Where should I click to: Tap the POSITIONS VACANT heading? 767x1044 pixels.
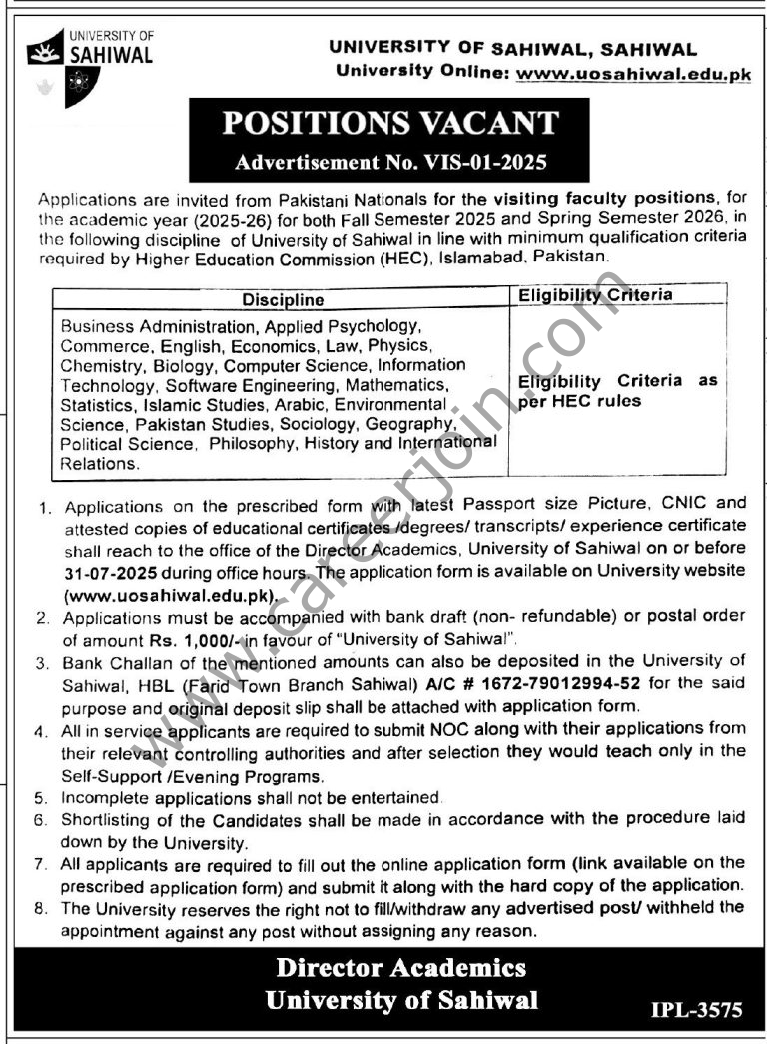point(389,124)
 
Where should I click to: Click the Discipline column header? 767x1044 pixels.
point(283,299)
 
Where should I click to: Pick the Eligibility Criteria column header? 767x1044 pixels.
point(595,295)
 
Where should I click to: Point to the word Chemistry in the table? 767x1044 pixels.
point(97,365)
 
